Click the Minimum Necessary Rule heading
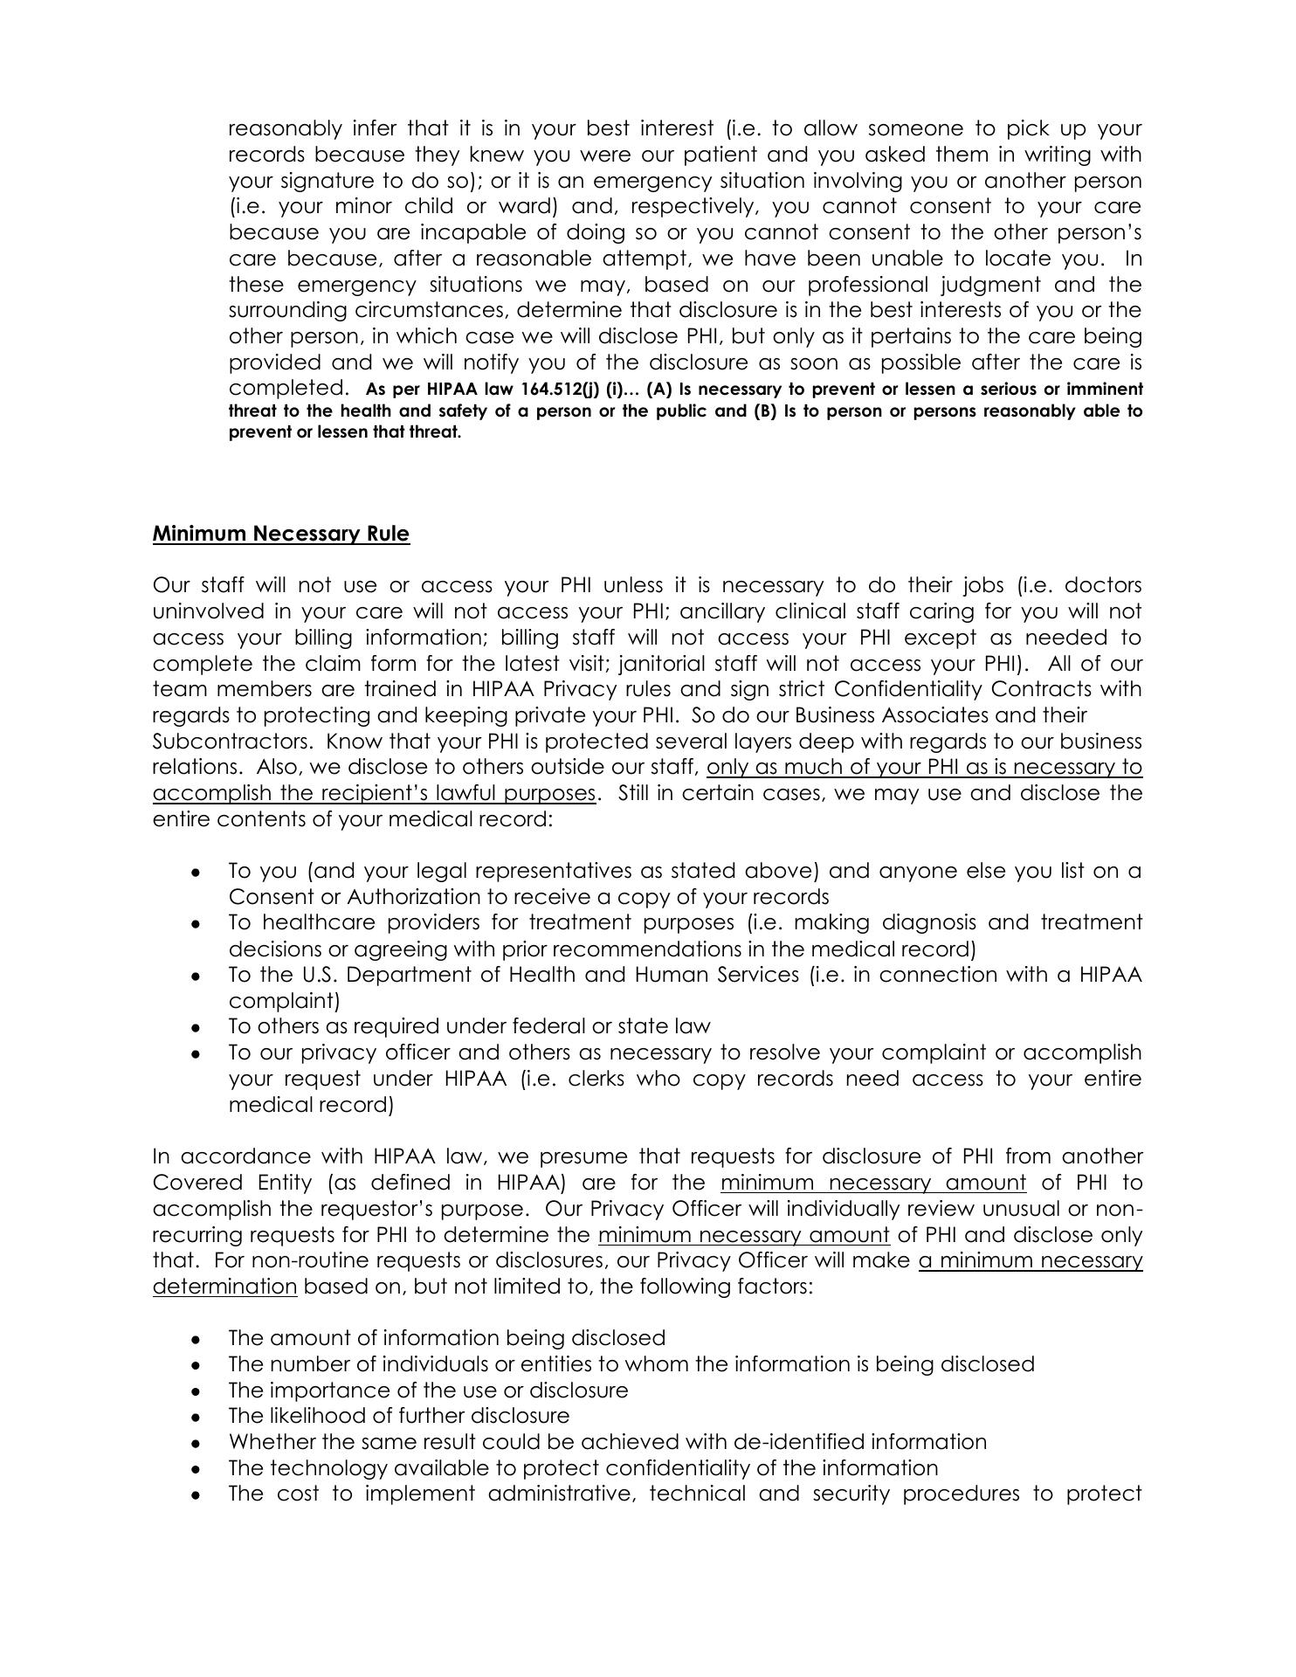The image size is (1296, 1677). [x=280, y=534]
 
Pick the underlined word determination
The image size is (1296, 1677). [x=224, y=1287]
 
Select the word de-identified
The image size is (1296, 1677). [x=798, y=1442]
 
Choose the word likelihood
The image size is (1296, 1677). [x=319, y=1416]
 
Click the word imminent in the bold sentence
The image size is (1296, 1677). [x=1104, y=390]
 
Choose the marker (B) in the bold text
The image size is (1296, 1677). [x=765, y=411]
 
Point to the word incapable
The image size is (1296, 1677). [x=479, y=232]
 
